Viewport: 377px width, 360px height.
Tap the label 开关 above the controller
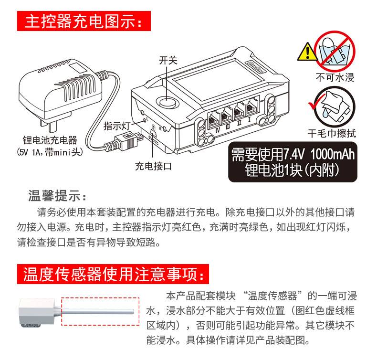click(168, 61)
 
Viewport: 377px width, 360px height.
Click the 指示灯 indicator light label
click(117, 126)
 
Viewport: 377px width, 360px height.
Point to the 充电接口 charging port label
click(153, 166)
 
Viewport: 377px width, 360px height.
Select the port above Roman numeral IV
click(214, 118)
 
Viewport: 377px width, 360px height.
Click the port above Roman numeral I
click(252, 106)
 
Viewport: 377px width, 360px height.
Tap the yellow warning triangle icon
click(307, 52)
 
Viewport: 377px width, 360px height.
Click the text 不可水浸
click(335, 77)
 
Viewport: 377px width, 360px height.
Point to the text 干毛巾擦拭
click(332, 133)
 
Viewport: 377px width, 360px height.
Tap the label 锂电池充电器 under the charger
click(50, 140)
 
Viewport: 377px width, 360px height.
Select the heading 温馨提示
click(57, 195)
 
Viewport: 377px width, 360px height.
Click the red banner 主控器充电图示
click(84, 21)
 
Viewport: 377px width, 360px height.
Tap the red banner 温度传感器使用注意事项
click(113, 274)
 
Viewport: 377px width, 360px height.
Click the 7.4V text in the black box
click(294, 154)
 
